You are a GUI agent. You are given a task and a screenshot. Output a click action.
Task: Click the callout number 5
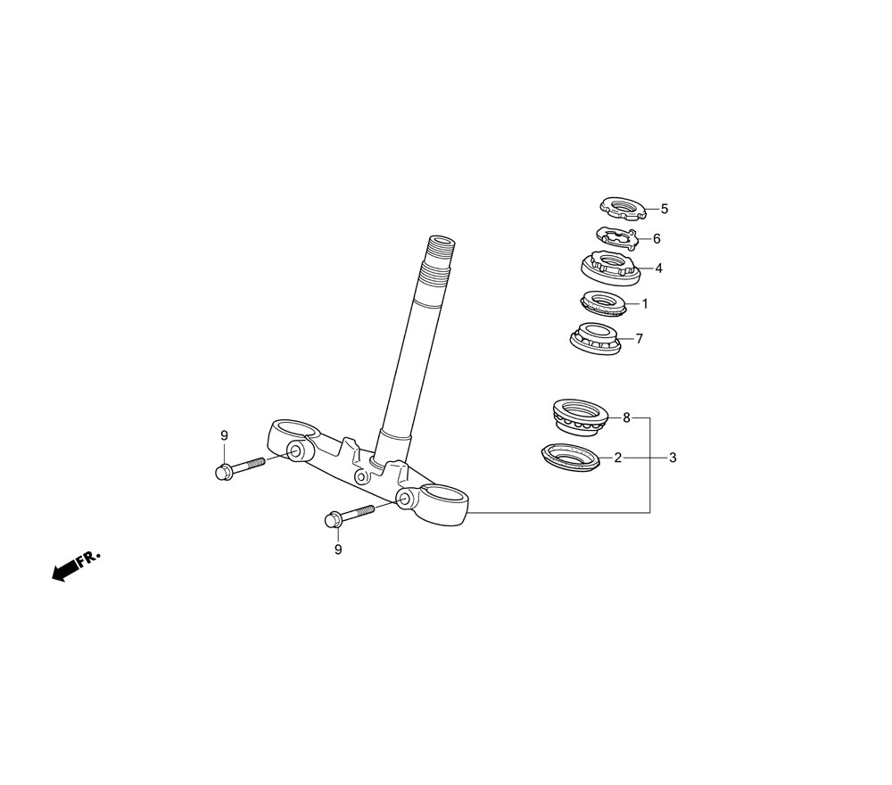(665, 210)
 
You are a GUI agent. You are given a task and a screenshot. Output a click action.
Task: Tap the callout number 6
(657, 239)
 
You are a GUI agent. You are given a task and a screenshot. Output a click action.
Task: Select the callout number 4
(659, 269)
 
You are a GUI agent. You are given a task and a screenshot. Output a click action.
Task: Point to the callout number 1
(645, 304)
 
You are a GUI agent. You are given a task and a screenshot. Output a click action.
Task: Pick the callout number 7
(640, 339)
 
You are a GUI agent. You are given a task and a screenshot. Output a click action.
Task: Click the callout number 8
(626, 418)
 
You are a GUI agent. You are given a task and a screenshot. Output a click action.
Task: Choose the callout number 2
(618, 458)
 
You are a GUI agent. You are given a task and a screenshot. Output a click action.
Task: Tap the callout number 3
(673, 458)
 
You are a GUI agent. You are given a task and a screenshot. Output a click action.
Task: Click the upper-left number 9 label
(224, 435)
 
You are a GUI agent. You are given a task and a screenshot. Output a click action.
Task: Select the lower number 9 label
(338, 550)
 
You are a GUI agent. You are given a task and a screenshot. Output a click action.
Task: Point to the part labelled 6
(616, 238)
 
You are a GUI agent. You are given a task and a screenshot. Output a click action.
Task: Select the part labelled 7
(594, 340)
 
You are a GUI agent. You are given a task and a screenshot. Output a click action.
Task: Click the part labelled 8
(581, 417)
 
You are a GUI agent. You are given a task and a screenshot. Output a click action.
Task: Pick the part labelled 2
(569, 458)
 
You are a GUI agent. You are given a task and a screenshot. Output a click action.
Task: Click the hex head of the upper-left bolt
(223, 472)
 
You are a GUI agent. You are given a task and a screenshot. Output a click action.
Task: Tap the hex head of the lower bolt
(332, 519)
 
